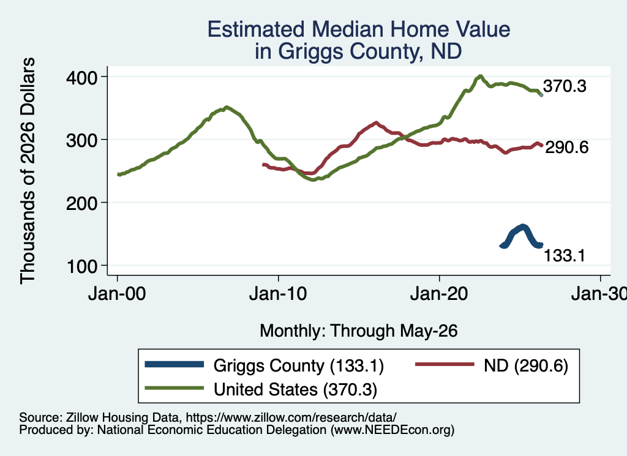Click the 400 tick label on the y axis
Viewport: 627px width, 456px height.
tap(82, 77)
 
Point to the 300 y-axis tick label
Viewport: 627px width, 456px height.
tap(82, 140)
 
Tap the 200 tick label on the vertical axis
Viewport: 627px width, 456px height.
tap(82, 203)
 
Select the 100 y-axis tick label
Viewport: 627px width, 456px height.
tap(82, 266)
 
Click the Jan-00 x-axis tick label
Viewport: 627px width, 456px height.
tap(117, 294)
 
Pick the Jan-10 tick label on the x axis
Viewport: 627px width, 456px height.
tap(278, 294)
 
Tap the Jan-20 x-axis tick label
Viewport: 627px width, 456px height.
tap(439, 294)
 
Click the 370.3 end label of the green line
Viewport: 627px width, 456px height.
tap(565, 86)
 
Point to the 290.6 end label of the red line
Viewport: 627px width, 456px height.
tap(566, 148)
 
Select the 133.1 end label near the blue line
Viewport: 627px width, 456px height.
tap(565, 255)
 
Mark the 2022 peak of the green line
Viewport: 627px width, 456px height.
tap(480, 76)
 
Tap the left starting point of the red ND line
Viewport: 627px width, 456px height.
tap(263, 164)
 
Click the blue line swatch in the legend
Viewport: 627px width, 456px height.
tap(175, 364)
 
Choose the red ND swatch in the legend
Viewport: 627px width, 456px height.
tap(445, 364)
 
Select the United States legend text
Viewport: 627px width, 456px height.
tap(296, 389)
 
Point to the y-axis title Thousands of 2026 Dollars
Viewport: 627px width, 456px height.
tap(28, 171)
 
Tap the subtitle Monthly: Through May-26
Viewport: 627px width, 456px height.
tap(359, 331)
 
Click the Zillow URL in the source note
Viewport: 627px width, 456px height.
tap(291, 417)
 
